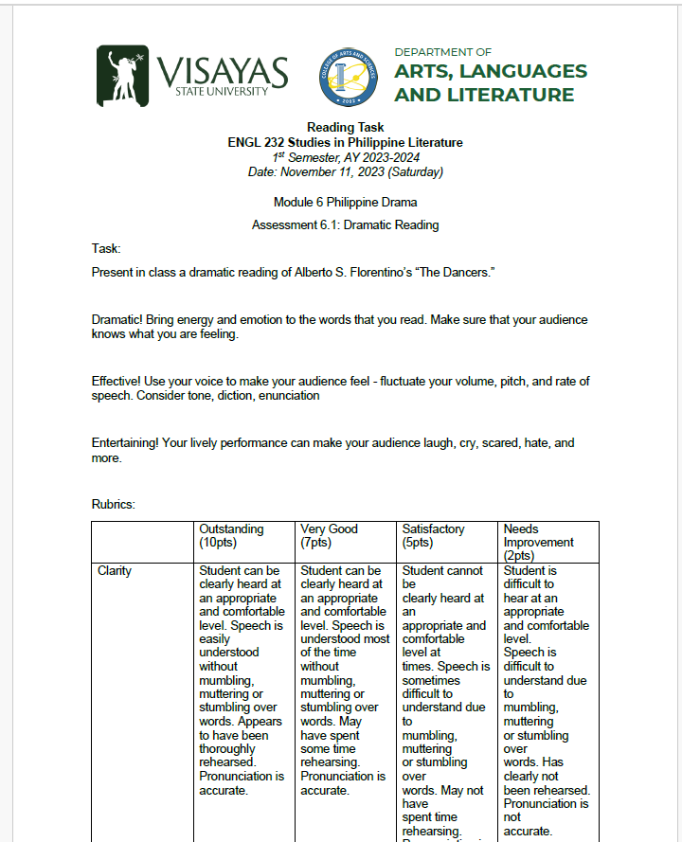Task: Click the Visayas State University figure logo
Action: coord(122,76)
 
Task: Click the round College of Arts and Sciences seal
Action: coord(348,77)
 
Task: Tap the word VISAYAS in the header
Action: coord(223,70)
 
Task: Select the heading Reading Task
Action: coord(345,128)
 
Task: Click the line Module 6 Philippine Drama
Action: coord(345,202)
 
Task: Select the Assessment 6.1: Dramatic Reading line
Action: coord(345,225)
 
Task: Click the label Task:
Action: coord(106,248)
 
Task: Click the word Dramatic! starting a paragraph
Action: coord(121,320)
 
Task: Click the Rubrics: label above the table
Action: coord(114,505)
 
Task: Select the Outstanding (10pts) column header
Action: coord(231,536)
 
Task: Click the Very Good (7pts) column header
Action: coord(329,536)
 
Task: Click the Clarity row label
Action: coord(115,571)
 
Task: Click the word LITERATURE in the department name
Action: coord(514,95)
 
